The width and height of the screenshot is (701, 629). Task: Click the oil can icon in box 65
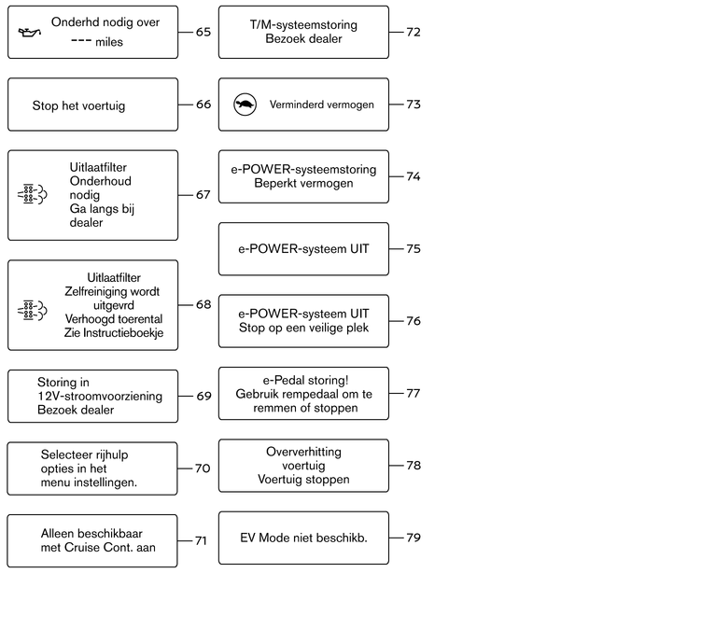[30, 32]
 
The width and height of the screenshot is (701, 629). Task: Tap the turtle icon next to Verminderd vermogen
[245, 105]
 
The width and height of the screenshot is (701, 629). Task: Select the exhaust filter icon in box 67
[32, 194]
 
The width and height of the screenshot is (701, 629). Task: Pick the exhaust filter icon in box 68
[32, 310]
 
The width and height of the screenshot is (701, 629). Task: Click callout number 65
[203, 32]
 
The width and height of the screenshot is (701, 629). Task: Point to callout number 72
[414, 32]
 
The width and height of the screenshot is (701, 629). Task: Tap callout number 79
[414, 538]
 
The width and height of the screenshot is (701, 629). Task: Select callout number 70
[203, 468]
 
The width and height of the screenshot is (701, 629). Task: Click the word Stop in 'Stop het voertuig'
[45, 106]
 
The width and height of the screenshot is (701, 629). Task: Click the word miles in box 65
[109, 42]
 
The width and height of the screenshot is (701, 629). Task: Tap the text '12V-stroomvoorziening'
[100, 396]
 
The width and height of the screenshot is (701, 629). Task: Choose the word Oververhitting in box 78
[303, 452]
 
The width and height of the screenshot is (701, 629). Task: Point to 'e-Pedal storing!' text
[305, 381]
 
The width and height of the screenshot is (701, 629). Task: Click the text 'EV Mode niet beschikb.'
[303, 538]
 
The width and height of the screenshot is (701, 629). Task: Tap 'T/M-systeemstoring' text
[303, 25]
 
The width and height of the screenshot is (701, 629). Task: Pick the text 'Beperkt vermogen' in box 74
[303, 184]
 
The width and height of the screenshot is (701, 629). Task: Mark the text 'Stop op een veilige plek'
[303, 328]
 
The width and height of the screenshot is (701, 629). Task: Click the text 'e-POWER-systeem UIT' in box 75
[303, 249]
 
